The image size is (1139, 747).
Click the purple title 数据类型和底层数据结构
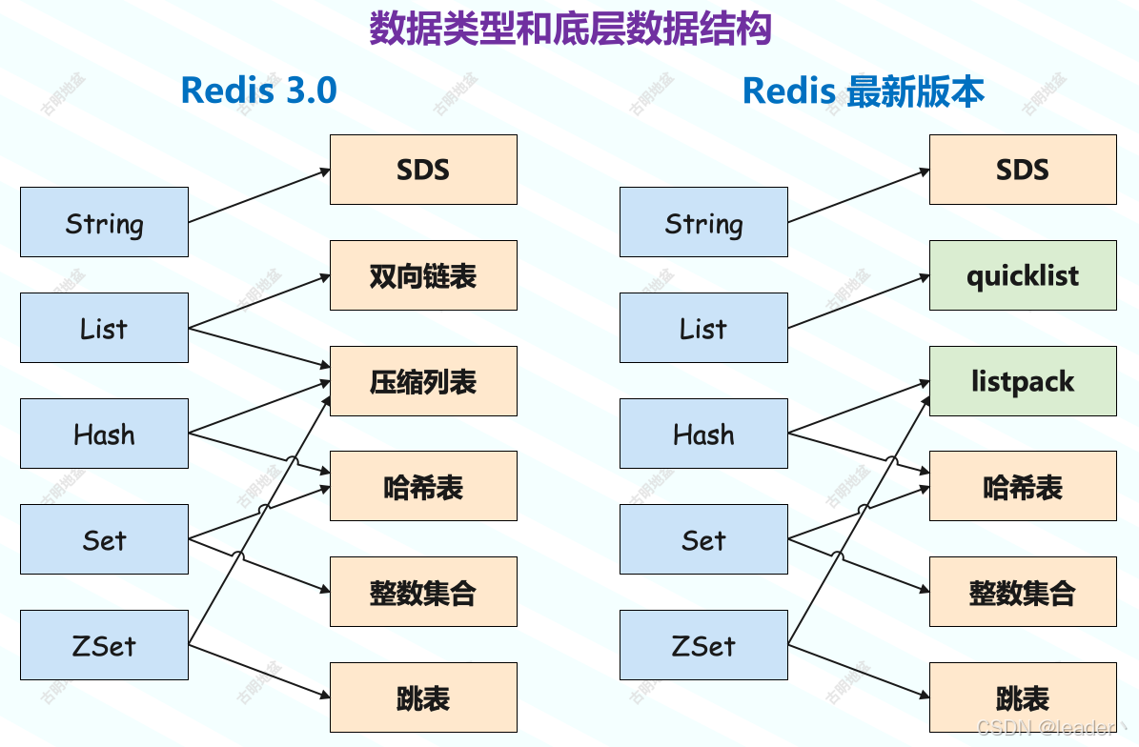[569, 29]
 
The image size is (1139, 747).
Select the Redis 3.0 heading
[258, 91]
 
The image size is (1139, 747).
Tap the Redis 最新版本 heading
[863, 91]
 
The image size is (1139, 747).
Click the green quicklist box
[1022, 275]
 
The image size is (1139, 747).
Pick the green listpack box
[1022, 381]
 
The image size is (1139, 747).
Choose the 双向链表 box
[423, 275]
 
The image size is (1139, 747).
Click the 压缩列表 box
[423, 381]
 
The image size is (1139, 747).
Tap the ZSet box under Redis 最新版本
[703, 645]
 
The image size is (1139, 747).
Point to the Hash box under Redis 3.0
[104, 434]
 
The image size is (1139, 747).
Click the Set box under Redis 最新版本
[703, 539]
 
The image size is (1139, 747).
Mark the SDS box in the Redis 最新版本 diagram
[1022, 170]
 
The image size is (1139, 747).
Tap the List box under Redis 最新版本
[703, 328]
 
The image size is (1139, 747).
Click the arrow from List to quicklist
[858, 301]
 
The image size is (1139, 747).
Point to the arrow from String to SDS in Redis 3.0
[259, 195]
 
